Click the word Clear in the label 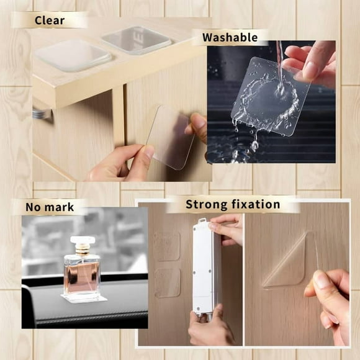point(50,20)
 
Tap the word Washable point(230,38)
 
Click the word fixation point(257,204)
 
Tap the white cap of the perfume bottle point(82,241)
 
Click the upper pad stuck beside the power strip point(166,246)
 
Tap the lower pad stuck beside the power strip point(168,282)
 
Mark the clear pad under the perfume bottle point(83,299)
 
